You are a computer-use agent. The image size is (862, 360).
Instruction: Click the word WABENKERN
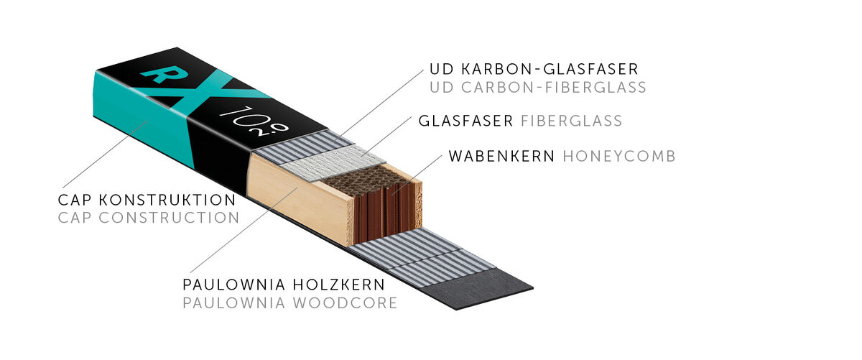501,157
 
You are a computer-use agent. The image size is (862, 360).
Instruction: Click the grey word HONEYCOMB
619,157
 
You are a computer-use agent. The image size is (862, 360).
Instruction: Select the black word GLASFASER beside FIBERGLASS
465,121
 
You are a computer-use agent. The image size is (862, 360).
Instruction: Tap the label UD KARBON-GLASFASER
534,69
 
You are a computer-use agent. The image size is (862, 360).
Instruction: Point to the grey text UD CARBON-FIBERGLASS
538,88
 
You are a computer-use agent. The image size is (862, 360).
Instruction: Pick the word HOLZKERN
339,285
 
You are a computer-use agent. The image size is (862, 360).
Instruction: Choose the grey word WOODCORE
345,303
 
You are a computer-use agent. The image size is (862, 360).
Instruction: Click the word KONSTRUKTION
167,200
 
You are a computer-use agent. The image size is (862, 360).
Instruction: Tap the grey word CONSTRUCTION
170,218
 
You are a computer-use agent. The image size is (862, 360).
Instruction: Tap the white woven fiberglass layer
333,162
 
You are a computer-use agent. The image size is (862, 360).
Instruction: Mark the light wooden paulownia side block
300,198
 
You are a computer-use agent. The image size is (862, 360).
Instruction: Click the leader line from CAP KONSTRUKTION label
106,154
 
